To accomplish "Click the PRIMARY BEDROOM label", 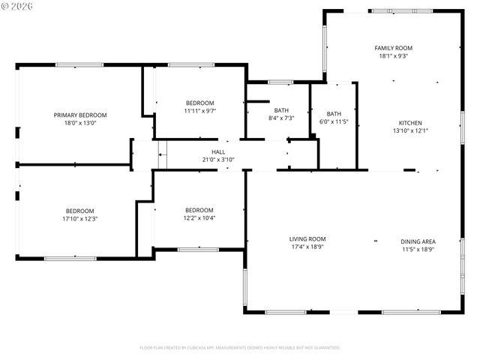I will click(x=80, y=115).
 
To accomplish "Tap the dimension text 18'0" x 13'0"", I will click(x=80, y=122).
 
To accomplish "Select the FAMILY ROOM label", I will click(x=394, y=48).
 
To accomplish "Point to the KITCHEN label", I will click(x=410, y=123).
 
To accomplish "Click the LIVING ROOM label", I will click(x=308, y=239).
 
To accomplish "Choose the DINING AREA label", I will click(x=418, y=241).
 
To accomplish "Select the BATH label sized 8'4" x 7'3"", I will click(x=281, y=110).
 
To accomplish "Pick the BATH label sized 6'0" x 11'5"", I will click(x=334, y=113).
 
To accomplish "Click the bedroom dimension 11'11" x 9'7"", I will click(x=200, y=110).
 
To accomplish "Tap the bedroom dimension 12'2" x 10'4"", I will click(x=199, y=217).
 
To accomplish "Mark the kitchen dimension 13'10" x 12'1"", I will click(x=410, y=130).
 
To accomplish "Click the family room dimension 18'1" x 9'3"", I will click(x=394, y=55).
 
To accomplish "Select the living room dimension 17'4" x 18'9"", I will click(x=308, y=247).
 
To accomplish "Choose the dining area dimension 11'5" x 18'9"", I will click(x=418, y=249).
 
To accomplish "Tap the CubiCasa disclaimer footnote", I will click(x=240, y=348).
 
